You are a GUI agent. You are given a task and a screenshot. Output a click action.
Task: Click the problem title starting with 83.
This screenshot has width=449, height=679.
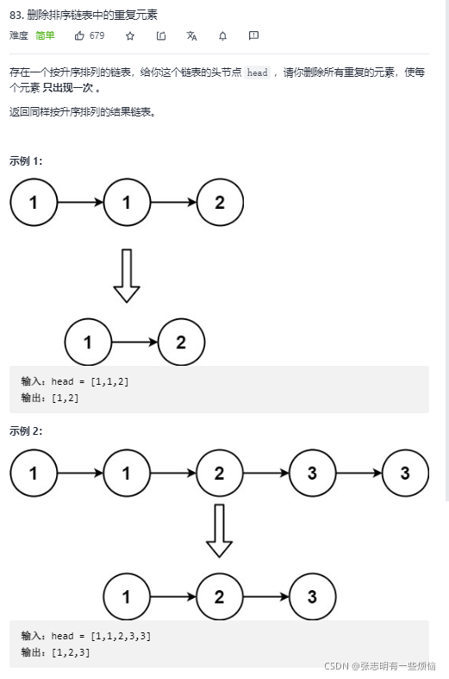click(x=84, y=16)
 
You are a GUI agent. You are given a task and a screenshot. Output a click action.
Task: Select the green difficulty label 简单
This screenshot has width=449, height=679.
click(x=45, y=35)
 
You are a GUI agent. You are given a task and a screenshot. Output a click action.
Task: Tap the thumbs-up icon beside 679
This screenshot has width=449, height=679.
click(x=80, y=35)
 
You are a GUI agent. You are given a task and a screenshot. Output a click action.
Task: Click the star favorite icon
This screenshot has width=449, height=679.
click(x=130, y=35)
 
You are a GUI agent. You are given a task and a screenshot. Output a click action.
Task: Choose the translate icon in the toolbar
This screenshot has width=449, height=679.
click(x=191, y=35)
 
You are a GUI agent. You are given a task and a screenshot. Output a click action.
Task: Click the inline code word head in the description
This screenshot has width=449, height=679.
click(x=257, y=73)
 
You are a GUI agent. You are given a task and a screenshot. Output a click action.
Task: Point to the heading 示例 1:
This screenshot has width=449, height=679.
click(x=26, y=160)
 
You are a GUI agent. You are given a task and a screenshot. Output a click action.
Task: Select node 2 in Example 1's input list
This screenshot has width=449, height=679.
click(x=220, y=203)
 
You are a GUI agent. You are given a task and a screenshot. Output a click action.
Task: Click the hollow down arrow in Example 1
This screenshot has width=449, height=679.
click(x=127, y=275)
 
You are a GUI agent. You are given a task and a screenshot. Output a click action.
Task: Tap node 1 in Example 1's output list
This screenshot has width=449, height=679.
click(x=88, y=343)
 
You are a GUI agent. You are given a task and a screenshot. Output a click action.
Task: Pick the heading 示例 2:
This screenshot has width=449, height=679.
click(x=26, y=431)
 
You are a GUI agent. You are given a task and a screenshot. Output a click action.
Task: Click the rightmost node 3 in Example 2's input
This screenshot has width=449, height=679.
click(x=405, y=473)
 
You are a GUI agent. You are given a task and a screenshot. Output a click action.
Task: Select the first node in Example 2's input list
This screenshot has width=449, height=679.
click(x=34, y=473)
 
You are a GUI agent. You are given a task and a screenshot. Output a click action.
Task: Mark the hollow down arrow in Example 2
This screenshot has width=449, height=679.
click(x=219, y=530)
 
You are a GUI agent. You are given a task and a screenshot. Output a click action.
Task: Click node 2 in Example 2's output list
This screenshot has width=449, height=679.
click(x=219, y=597)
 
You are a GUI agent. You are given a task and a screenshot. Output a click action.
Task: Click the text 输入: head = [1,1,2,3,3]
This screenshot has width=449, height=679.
click(x=86, y=636)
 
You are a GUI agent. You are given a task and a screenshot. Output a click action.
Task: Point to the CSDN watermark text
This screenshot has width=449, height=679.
click(x=379, y=666)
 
